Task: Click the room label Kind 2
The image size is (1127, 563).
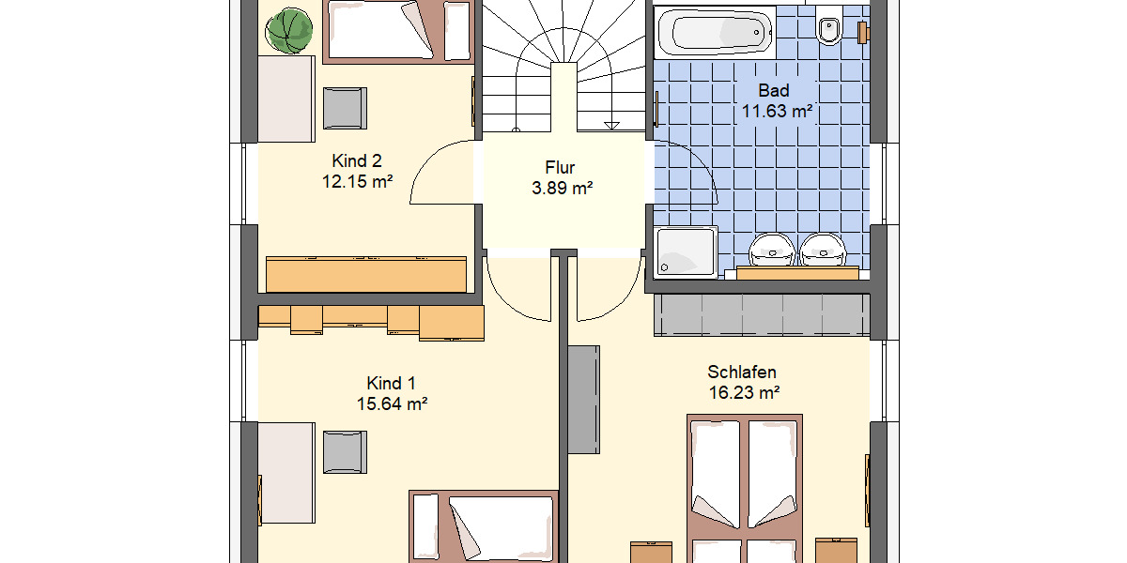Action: [357, 160]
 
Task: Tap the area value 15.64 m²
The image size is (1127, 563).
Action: [393, 404]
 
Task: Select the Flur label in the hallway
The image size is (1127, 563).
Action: [560, 168]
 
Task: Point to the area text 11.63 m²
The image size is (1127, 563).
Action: [775, 112]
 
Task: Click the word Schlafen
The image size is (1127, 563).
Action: [742, 373]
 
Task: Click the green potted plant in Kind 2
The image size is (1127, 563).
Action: [288, 31]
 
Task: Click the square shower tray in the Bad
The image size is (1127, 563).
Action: [686, 252]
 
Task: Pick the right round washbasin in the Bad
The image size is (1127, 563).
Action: [824, 249]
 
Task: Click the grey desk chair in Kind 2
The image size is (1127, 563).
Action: [345, 107]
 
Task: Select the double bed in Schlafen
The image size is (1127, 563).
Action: [746, 488]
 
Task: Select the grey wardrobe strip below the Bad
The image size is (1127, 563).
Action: [761, 314]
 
